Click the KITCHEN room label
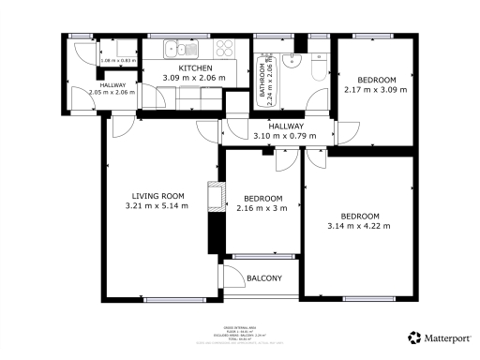click(195, 69)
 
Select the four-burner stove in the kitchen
click(225, 49)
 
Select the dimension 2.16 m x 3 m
click(263, 208)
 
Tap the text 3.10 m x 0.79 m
click(285, 136)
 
